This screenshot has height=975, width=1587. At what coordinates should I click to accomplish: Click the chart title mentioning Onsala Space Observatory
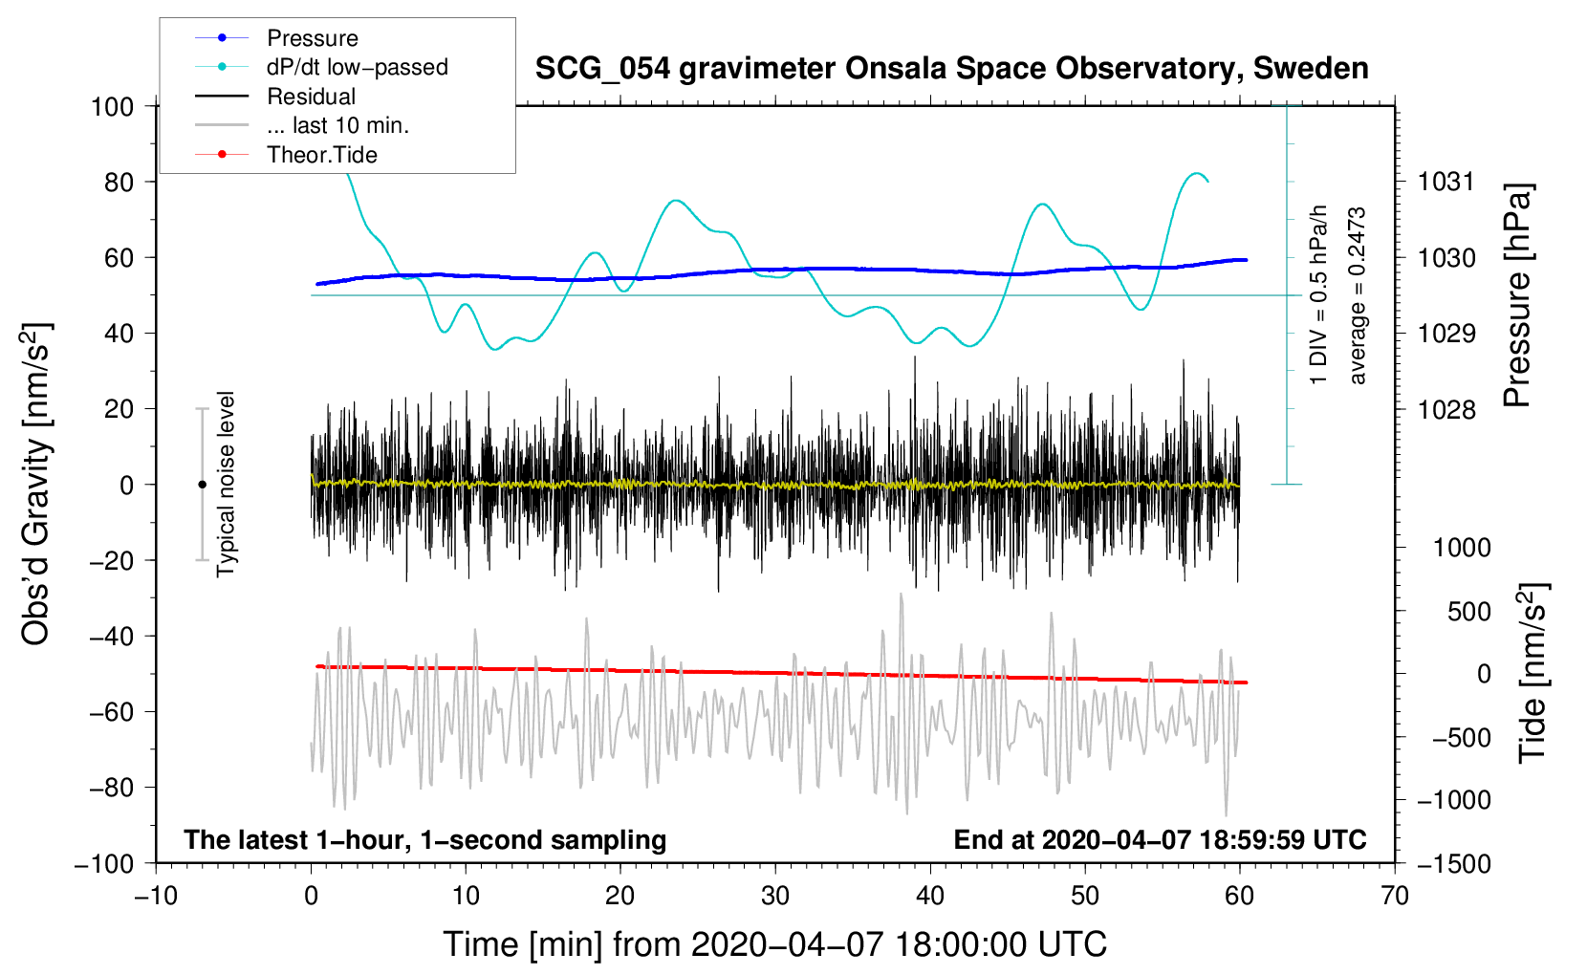(x=951, y=69)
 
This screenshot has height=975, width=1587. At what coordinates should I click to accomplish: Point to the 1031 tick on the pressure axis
(x=1446, y=182)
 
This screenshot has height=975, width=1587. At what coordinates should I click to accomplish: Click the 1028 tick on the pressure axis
(x=1446, y=409)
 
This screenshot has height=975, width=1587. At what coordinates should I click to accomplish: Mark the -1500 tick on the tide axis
(x=1453, y=863)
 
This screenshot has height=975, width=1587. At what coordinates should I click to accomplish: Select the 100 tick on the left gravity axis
(x=112, y=106)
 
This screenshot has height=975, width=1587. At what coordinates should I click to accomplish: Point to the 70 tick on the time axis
(x=1395, y=896)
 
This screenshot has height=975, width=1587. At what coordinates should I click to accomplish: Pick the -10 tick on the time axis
(x=156, y=896)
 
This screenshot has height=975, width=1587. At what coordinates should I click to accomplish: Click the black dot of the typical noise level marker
(x=202, y=485)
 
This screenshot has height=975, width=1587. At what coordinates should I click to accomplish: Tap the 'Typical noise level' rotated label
(x=226, y=484)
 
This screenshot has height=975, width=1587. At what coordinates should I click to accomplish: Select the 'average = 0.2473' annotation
(x=1357, y=296)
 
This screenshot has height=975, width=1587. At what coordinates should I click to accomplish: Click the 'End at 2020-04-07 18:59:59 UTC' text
(x=1160, y=839)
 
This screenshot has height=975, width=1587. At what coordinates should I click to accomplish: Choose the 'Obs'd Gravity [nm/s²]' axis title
(x=36, y=484)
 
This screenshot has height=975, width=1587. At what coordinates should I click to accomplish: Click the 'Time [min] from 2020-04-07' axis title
(x=774, y=944)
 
